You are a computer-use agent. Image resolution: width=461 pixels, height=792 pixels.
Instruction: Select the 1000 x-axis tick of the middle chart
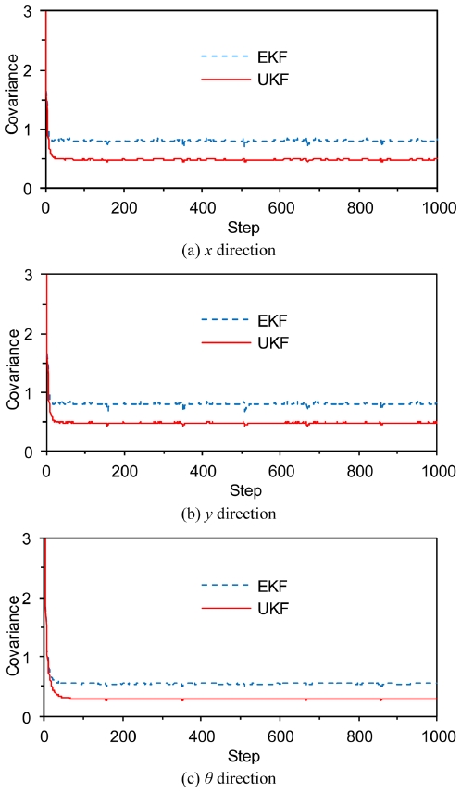tap(437, 471)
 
